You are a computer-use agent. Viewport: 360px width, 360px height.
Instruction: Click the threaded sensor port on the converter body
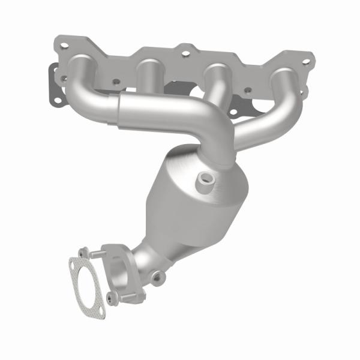(x=206, y=178)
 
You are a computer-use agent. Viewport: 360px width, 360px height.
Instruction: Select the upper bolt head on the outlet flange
(x=84, y=250)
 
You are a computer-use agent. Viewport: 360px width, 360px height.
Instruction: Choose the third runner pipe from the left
(x=211, y=84)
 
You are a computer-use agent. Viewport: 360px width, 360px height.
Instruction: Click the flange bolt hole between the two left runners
(x=116, y=82)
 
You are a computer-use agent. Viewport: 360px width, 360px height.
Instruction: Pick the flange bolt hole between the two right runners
(x=247, y=91)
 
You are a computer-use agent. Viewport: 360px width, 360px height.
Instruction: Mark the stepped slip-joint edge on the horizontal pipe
(x=120, y=111)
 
